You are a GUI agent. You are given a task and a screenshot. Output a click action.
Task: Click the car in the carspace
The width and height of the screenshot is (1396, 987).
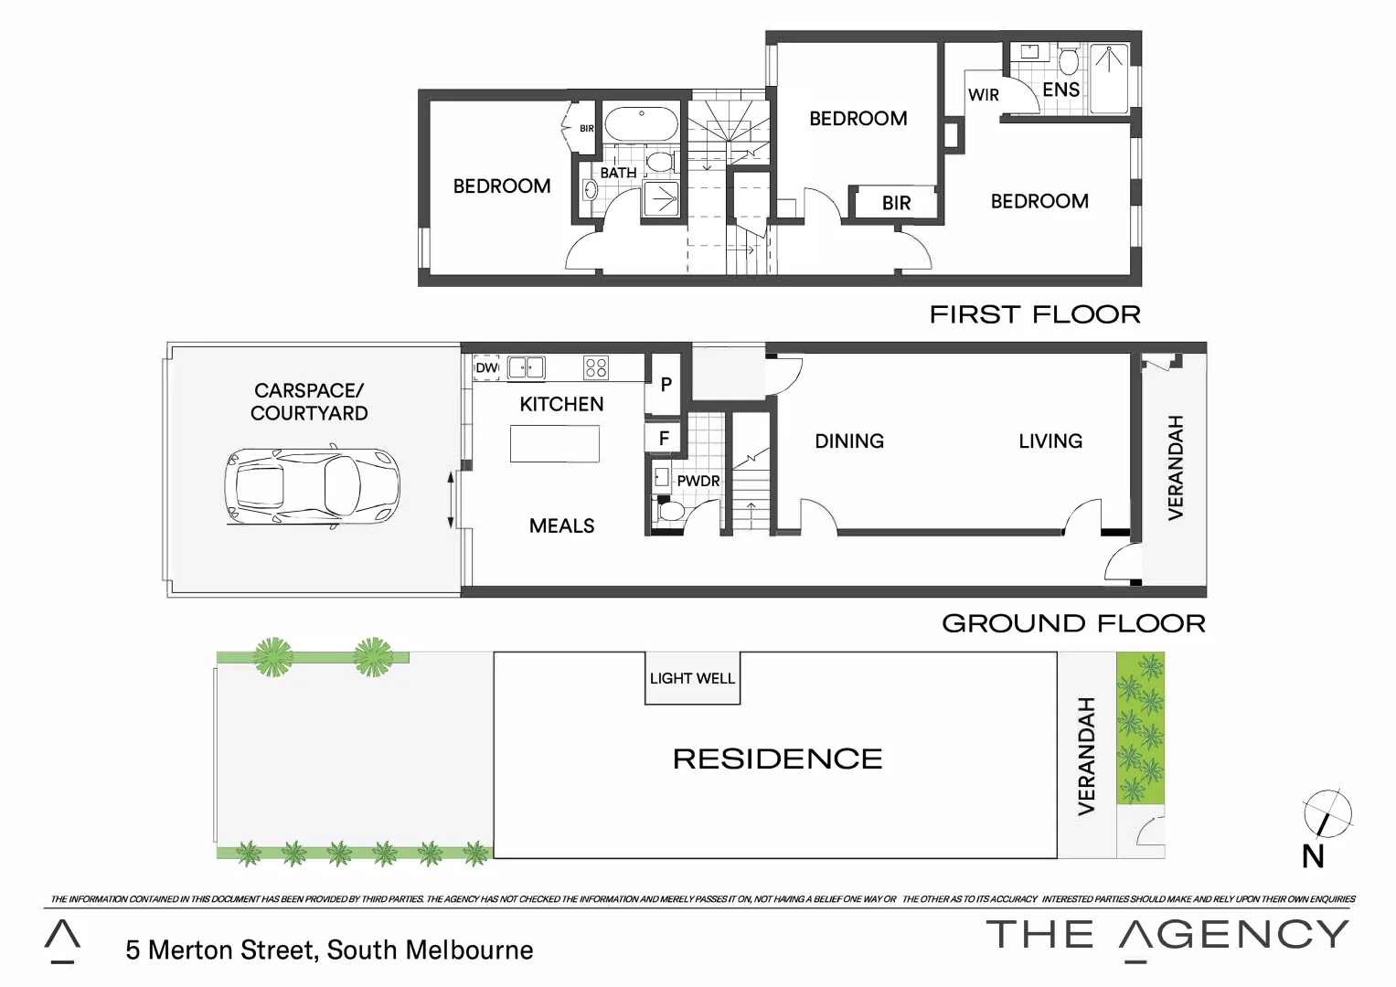(312, 486)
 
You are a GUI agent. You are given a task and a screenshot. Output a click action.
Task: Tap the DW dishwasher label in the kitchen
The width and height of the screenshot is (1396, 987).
(486, 367)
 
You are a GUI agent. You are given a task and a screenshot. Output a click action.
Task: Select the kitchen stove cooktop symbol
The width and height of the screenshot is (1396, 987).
(596, 367)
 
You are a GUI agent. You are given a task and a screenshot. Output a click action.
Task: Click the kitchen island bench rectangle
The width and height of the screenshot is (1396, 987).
(555, 444)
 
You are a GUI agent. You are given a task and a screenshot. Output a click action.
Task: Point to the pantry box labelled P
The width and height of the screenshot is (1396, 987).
(666, 385)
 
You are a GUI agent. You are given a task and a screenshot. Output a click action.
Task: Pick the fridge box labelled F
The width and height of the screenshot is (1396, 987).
(664, 439)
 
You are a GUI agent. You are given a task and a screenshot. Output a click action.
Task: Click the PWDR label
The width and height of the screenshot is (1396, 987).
(698, 481)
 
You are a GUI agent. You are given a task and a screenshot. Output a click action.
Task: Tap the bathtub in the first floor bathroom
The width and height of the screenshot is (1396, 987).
(641, 125)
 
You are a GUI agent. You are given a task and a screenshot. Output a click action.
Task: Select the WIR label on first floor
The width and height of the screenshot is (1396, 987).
(983, 95)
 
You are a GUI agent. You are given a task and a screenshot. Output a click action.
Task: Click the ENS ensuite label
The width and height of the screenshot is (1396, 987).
(1060, 90)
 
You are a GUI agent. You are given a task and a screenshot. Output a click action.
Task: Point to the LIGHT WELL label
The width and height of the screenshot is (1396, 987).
(692, 678)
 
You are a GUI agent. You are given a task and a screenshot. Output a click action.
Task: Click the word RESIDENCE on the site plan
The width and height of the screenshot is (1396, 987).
(777, 759)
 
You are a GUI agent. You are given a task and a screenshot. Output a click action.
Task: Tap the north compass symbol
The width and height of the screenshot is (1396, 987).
(1327, 814)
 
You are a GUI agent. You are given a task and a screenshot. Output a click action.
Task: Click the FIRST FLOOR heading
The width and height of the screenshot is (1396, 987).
(1034, 314)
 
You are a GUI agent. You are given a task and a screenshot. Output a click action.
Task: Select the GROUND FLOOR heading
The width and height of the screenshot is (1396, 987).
(1073, 623)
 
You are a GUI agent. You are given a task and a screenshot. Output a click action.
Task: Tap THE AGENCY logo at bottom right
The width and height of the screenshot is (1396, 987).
(1167, 936)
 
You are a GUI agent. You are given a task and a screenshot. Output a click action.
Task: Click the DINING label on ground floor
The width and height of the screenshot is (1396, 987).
(849, 441)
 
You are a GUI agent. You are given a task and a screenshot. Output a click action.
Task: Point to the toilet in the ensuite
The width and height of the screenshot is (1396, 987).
(1068, 61)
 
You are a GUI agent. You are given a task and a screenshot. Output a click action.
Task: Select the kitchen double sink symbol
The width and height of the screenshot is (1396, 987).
(526, 367)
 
